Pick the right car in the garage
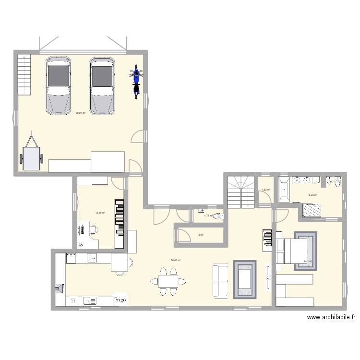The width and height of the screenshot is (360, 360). click(x=102, y=86)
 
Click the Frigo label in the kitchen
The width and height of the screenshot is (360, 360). click(x=120, y=300)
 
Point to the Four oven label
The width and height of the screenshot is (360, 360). click(x=92, y=258)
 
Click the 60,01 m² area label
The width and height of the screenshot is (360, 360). click(x=80, y=113)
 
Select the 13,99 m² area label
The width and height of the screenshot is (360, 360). click(x=100, y=213)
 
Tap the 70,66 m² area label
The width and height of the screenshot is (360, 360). click(x=176, y=261)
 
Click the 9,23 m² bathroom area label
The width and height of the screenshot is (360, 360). click(x=312, y=195)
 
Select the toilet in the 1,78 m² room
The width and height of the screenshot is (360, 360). click(x=218, y=216)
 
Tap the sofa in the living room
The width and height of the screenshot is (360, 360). click(x=220, y=280)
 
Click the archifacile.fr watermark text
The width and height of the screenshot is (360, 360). click(x=332, y=317)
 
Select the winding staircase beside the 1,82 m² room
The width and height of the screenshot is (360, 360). click(x=240, y=191)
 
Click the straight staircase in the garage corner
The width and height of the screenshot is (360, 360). click(x=24, y=74)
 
